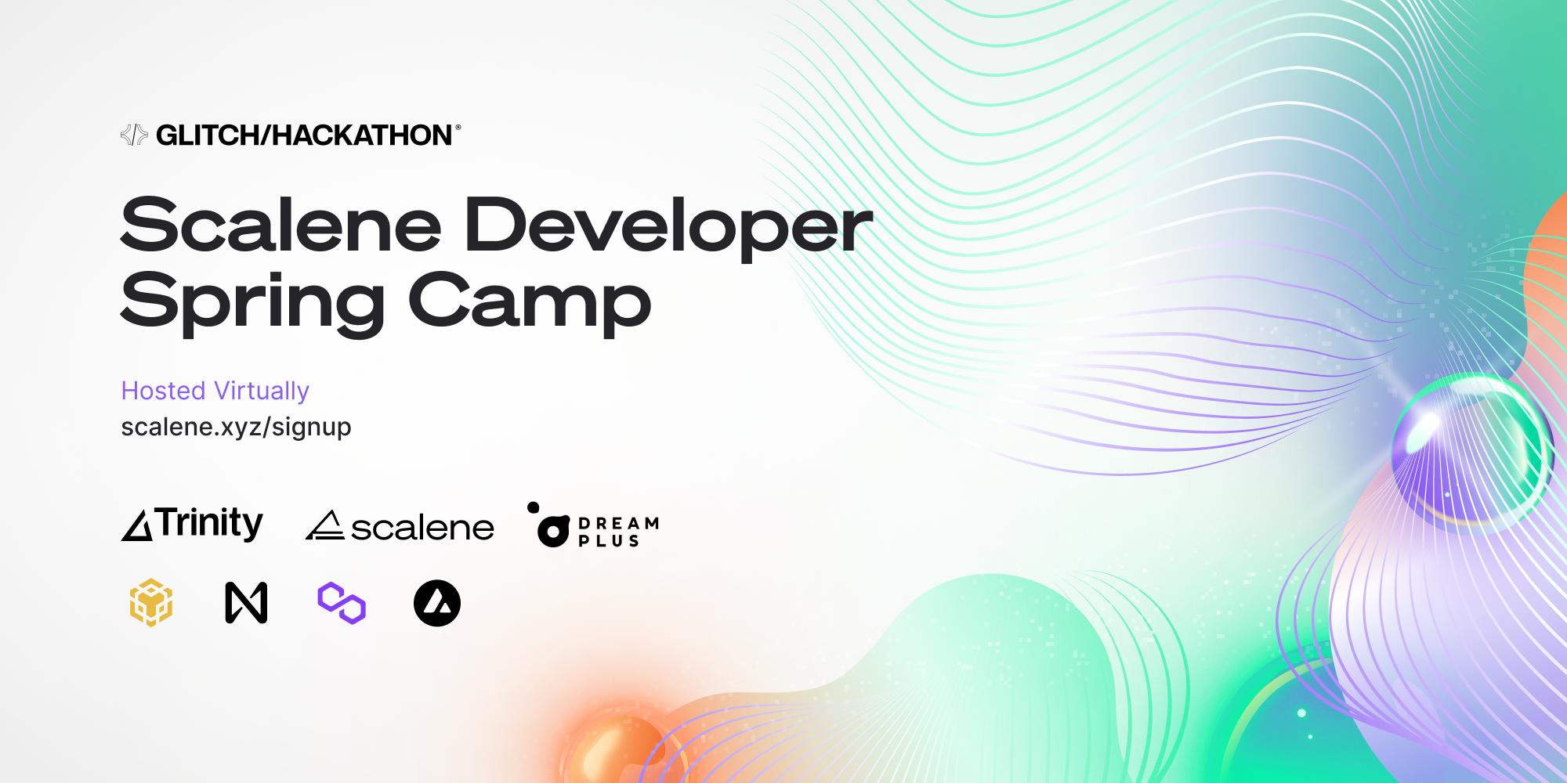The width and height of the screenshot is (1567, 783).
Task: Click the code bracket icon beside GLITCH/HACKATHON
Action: [x=134, y=135]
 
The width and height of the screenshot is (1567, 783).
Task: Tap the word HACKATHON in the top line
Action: [x=362, y=135]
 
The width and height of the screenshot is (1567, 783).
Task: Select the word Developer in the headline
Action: [x=668, y=226]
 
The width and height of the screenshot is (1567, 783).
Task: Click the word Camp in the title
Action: [x=530, y=301]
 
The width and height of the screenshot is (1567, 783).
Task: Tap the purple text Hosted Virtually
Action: [x=215, y=391]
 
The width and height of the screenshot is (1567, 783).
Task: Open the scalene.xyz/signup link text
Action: [x=236, y=428]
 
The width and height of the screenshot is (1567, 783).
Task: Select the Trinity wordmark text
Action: [x=210, y=523]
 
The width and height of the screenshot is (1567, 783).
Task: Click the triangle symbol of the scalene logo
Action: [x=324, y=526]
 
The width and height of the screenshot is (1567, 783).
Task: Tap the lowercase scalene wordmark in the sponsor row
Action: [x=422, y=529]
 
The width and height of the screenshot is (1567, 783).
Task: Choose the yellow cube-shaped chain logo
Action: [x=151, y=603]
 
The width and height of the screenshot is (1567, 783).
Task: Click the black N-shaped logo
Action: [x=246, y=603]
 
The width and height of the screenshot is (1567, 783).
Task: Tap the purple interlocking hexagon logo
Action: [x=342, y=603]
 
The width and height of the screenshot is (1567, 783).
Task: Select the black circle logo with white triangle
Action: [x=437, y=603]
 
